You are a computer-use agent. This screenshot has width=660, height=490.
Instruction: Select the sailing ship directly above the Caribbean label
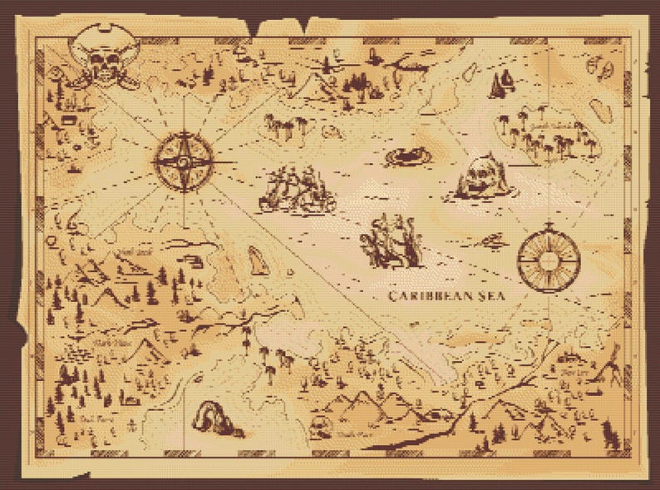[391, 241]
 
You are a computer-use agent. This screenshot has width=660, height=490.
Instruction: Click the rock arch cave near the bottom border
[214, 419]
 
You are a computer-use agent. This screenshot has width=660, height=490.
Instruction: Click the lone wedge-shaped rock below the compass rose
[259, 261]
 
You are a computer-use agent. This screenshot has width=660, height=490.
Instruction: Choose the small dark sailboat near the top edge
[501, 82]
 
